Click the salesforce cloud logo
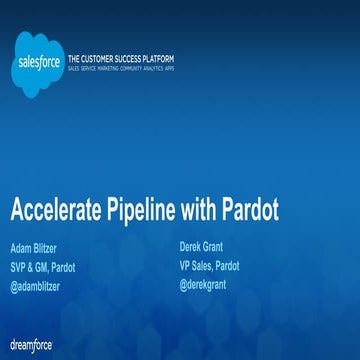[41, 63]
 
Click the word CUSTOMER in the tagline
[113, 61]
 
